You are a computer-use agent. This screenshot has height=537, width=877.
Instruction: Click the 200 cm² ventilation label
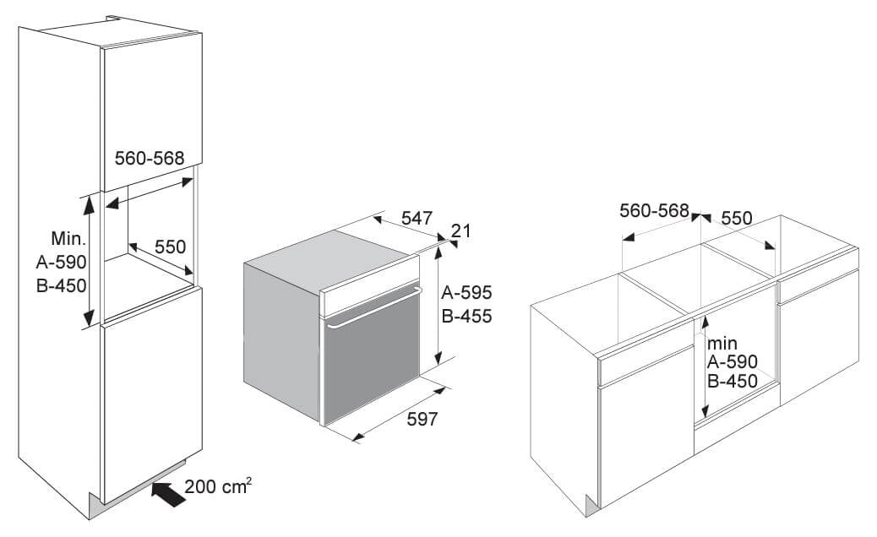tap(218, 485)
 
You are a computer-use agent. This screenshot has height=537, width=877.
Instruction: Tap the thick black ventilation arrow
tap(168, 494)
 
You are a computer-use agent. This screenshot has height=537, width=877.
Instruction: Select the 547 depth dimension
tap(417, 217)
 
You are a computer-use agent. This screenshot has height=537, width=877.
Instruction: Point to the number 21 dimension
tap(460, 231)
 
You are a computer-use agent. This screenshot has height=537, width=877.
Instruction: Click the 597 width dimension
tap(422, 419)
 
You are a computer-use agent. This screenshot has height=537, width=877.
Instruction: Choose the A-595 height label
tap(466, 292)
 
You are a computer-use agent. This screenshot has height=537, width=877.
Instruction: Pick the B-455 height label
tap(466, 316)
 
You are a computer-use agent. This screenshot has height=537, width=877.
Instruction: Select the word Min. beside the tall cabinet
tap(68, 239)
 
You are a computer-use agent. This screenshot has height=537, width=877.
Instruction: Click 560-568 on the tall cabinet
tap(150, 158)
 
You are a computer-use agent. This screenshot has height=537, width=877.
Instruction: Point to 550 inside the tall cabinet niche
tap(170, 247)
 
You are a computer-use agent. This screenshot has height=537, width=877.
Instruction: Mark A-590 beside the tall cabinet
tap(62, 262)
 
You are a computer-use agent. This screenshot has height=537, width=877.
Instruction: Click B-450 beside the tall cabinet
tap(62, 285)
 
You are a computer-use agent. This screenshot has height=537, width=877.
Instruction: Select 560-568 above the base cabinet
tap(655, 211)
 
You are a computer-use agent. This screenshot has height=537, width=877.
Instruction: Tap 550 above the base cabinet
tap(737, 218)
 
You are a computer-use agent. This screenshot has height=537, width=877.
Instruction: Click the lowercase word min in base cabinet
tap(722, 343)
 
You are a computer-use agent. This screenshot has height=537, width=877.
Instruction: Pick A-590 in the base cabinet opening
tap(733, 361)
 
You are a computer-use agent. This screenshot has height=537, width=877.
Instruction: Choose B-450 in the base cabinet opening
tap(733, 381)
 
